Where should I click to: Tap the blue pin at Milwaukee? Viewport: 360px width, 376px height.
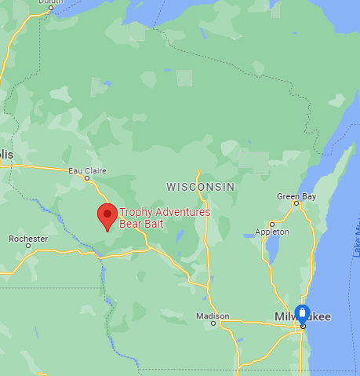click(303, 314)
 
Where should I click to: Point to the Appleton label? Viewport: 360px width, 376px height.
click(272, 232)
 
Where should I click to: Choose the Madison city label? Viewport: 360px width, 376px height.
click(213, 316)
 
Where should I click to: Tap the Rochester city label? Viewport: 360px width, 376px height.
click(28, 238)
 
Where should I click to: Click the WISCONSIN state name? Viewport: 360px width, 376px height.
click(201, 186)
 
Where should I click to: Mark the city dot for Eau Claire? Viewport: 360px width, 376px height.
click(87, 177)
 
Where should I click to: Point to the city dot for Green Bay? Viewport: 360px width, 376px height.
click(296, 204)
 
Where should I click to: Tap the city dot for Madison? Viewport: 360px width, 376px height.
click(213, 323)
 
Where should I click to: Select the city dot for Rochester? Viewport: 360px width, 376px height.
click(28, 246)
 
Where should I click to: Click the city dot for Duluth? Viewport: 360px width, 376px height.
click(51, 9)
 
